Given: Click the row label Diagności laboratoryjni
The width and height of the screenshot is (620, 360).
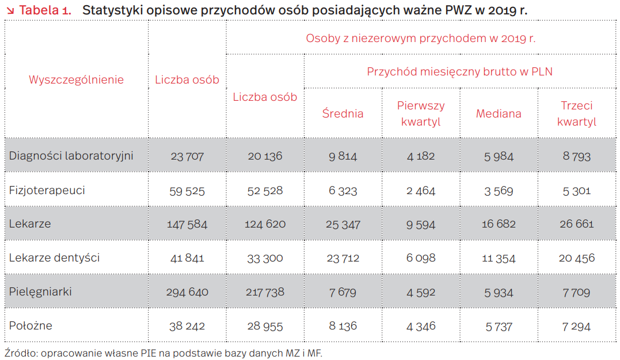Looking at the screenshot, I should [x=71, y=156].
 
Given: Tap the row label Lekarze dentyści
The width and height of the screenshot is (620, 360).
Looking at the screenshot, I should [x=54, y=257].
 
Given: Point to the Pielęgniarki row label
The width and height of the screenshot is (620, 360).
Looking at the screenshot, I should [x=40, y=291].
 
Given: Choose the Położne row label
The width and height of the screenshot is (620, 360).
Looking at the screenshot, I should [x=31, y=325].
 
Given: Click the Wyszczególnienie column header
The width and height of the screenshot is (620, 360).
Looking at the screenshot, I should [x=76, y=79].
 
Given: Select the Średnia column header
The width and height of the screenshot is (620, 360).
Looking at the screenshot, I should [x=343, y=113].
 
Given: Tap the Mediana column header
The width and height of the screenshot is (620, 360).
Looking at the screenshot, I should [x=499, y=113].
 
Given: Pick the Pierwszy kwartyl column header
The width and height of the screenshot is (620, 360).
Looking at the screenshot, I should [x=421, y=113].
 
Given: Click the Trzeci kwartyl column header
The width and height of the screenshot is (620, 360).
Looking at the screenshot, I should [x=577, y=113].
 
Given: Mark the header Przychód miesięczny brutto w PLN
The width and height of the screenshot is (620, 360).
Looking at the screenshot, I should [x=460, y=71].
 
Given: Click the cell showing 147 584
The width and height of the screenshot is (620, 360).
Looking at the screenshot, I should [x=187, y=224].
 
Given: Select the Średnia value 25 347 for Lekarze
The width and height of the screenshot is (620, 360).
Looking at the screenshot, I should [x=343, y=224].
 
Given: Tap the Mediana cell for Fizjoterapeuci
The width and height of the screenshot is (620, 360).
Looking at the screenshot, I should [x=499, y=190].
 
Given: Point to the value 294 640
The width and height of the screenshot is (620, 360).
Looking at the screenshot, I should [x=187, y=292].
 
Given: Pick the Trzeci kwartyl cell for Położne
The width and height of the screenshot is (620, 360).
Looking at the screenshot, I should [x=577, y=326].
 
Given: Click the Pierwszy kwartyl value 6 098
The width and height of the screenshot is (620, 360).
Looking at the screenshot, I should [x=421, y=258].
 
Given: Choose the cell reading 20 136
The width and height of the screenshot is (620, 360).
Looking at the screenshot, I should [x=265, y=156].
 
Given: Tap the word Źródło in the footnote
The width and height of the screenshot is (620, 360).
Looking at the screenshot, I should [x=18, y=353].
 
